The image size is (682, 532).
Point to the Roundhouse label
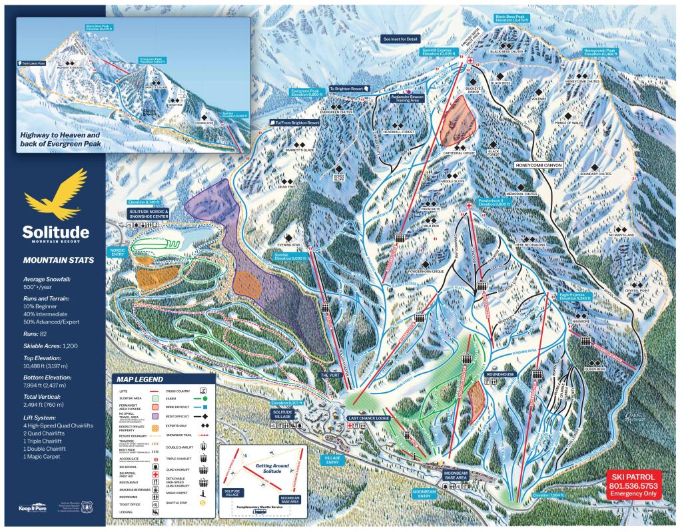[x=500, y=374]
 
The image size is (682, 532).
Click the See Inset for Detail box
[x=400, y=39]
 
